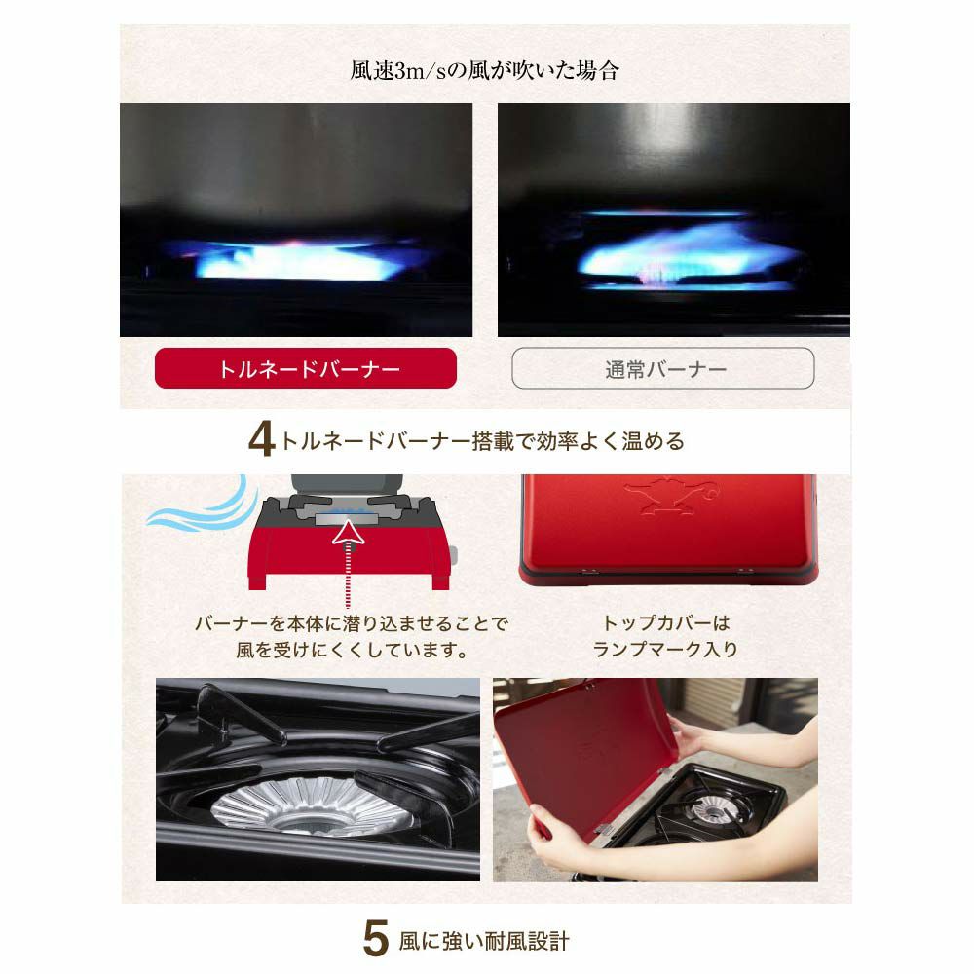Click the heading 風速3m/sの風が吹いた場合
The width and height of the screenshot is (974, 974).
coord(484,70)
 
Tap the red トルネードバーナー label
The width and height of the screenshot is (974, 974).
coord(306,368)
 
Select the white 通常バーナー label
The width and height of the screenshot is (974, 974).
coord(662,368)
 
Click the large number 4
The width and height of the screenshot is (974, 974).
coord(261,440)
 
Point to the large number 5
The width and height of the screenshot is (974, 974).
coord(376,938)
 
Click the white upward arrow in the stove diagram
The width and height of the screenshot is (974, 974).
coord(349,534)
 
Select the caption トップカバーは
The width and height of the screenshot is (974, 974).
coord(666,622)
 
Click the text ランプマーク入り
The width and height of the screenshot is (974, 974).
coord(665,649)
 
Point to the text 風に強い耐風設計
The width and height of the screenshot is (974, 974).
coord(484,941)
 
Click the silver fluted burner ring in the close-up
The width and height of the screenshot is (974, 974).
coord(314,806)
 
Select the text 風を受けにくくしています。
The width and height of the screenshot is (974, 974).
coord(353,650)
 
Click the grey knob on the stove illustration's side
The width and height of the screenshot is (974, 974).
coord(453,555)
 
